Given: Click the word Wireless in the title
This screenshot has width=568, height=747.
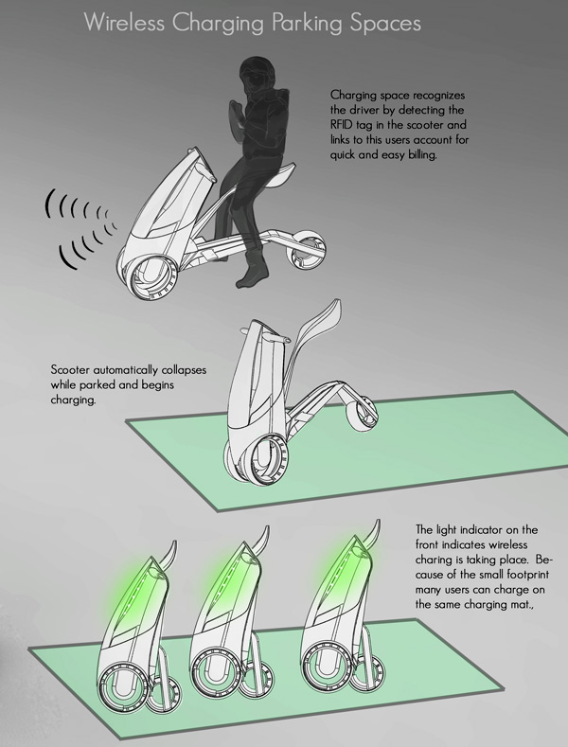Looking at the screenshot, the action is [125, 23].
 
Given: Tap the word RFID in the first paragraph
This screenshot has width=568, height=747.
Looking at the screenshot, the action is [341, 125].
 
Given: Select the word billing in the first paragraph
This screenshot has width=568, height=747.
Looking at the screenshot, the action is [422, 155].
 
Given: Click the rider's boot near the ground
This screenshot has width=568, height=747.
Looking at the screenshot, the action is [251, 275].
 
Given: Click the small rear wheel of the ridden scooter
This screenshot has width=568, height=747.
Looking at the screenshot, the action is [307, 249].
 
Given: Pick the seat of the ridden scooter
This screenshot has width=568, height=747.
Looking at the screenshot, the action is [280, 173].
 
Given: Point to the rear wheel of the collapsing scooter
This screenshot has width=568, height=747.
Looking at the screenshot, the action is [363, 415].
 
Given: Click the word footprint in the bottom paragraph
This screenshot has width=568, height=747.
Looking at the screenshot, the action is [528, 575].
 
